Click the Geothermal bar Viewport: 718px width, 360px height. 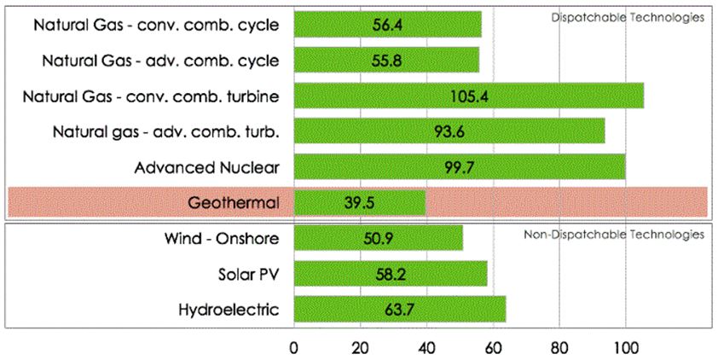tap(359, 203)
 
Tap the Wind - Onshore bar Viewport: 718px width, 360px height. tap(378, 237)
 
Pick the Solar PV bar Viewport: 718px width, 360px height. tap(390, 274)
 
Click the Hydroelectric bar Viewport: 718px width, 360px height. tap(399, 309)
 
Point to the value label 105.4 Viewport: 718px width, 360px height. tap(469, 96)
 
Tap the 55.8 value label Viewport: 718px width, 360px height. tap(386, 61)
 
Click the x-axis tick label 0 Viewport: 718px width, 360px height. tap(294, 347)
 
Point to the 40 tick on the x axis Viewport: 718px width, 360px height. tap(426, 347)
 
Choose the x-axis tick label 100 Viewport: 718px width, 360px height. tap(625, 347)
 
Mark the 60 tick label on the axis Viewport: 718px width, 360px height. tap(493, 347)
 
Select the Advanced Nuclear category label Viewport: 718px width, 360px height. tap(207, 166)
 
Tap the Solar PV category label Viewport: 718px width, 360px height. tap(249, 274)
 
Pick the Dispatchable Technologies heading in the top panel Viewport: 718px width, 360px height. tap(651, 17)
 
